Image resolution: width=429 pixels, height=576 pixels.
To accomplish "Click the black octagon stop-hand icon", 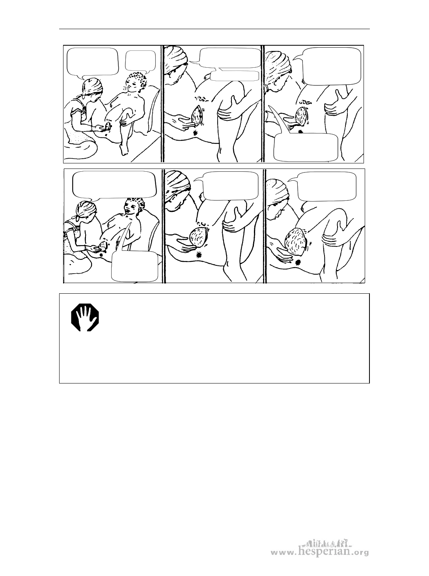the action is [85, 318].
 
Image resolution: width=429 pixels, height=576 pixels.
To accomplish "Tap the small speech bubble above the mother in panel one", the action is [141, 62].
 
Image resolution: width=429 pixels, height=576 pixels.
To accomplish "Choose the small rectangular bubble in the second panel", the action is [234, 76].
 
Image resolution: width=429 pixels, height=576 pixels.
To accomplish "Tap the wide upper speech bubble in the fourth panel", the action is [114, 185].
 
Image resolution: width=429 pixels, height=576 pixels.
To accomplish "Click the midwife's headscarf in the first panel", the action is [93, 86].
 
